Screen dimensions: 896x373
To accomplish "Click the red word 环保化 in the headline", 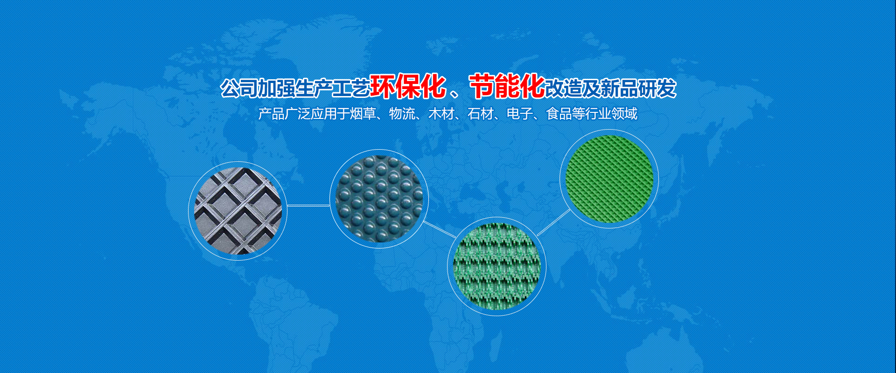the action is pyautogui.click(x=408, y=87).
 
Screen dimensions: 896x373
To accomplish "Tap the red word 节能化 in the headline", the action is pyautogui.click(x=507, y=87).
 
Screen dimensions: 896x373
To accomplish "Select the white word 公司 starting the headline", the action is pyautogui.click(x=238, y=88).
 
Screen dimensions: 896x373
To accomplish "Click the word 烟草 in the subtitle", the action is pyautogui.click(x=363, y=114).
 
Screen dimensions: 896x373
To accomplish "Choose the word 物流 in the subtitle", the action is pyautogui.click(x=402, y=114).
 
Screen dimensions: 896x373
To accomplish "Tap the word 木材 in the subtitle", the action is pyautogui.click(x=441, y=114).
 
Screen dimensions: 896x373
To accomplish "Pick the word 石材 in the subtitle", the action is pyautogui.click(x=480, y=114).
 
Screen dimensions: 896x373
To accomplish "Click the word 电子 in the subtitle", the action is pyautogui.click(x=519, y=114).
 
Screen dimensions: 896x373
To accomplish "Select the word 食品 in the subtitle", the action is pyautogui.click(x=559, y=114).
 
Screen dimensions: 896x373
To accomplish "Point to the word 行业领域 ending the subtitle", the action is pyautogui.click(x=611, y=114).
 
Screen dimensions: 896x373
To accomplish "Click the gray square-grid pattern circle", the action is pyautogui.click(x=238, y=211).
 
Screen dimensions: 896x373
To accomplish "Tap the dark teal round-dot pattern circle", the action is pyautogui.click(x=379, y=199).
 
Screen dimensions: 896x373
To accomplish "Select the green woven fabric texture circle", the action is pyautogui.click(x=497, y=266).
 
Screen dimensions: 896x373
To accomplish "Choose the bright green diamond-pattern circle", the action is pyautogui.click(x=609, y=179).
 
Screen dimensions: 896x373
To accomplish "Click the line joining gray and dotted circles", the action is pyautogui.click(x=308, y=205).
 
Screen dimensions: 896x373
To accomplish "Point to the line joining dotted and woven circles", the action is pyautogui.click(x=439, y=229).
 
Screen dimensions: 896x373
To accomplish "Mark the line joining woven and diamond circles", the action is pyautogui.click(x=553, y=222).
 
